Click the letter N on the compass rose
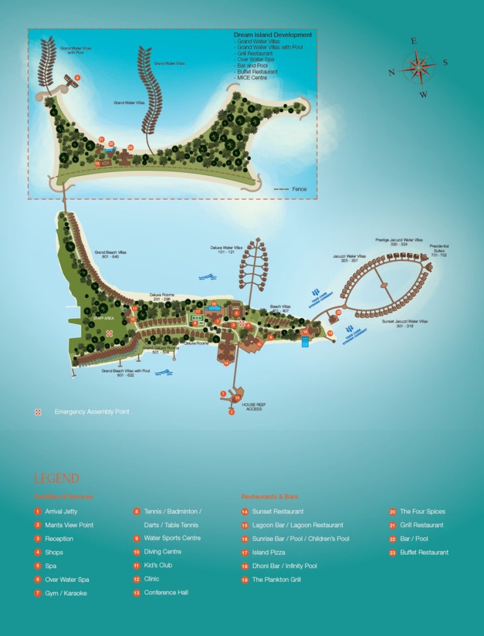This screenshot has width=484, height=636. (391, 73)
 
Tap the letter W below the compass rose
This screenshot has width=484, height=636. (423, 94)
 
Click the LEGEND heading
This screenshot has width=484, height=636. (57, 479)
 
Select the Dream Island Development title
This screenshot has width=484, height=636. (273, 35)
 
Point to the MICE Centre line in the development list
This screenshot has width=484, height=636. (251, 78)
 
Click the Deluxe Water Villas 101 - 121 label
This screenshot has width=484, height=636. (226, 250)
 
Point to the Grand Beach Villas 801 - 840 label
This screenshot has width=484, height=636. (107, 254)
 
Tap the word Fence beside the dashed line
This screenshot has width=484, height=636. (299, 189)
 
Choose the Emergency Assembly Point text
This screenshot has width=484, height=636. (91, 412)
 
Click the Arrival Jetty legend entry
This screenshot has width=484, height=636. (61, 512)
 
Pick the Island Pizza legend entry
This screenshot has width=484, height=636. (268, 553)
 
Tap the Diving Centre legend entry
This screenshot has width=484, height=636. (162, 552)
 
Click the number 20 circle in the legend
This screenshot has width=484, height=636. (393, 512)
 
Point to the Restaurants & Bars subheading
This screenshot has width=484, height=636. (268, 497)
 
